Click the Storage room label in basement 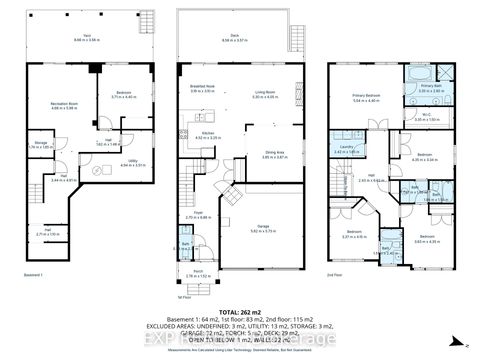(x=41, y=144)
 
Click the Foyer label (x=199, y=212)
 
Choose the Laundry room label (x=344, y=149)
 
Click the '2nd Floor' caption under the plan (x=339, y=273)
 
